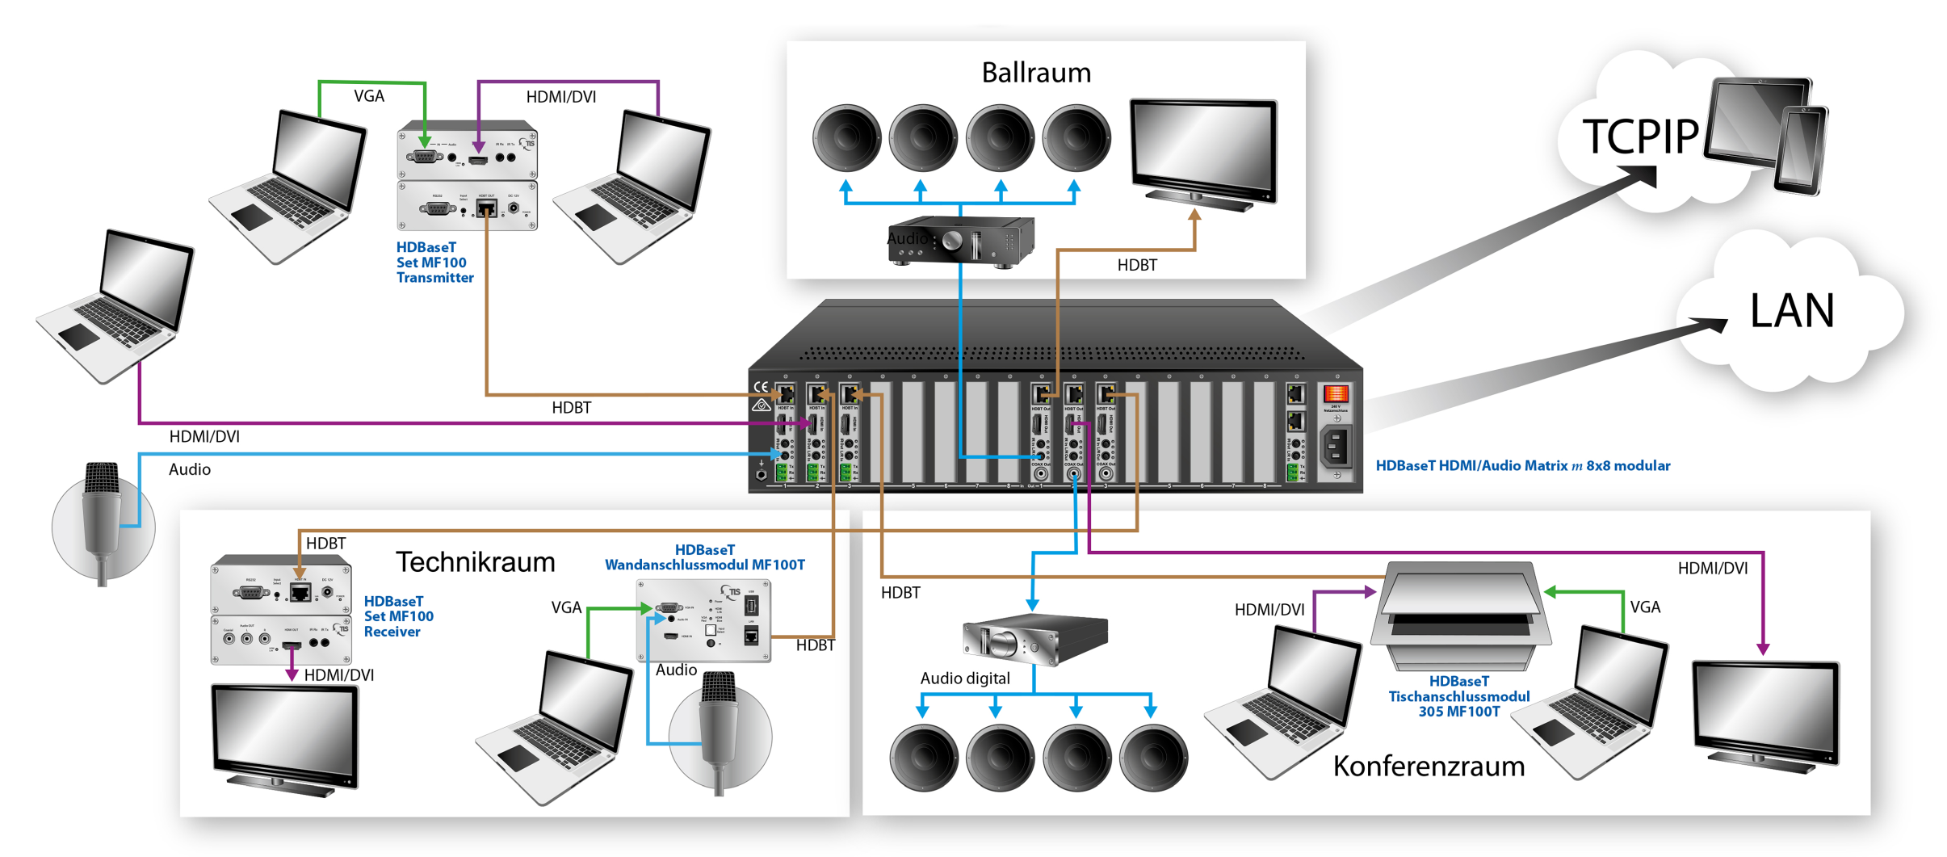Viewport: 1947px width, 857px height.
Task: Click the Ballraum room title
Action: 1035,73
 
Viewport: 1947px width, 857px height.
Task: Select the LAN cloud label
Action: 1791,310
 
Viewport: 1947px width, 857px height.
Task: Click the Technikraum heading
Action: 475,562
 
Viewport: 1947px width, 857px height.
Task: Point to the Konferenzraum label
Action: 1428,766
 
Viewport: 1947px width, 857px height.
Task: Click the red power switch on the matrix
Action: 1335,394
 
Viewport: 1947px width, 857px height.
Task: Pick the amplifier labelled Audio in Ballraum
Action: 961,240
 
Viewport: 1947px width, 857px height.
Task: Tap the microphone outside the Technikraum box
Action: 103,517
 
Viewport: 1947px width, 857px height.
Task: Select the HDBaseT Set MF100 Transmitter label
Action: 434,263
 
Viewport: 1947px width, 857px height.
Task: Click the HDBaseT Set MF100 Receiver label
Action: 398,616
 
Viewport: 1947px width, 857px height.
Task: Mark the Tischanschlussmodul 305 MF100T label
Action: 1458,696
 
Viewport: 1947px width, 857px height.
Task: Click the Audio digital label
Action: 964,678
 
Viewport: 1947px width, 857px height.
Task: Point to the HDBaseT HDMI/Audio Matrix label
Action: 1522,466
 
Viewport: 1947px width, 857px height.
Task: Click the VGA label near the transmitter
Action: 369,96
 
